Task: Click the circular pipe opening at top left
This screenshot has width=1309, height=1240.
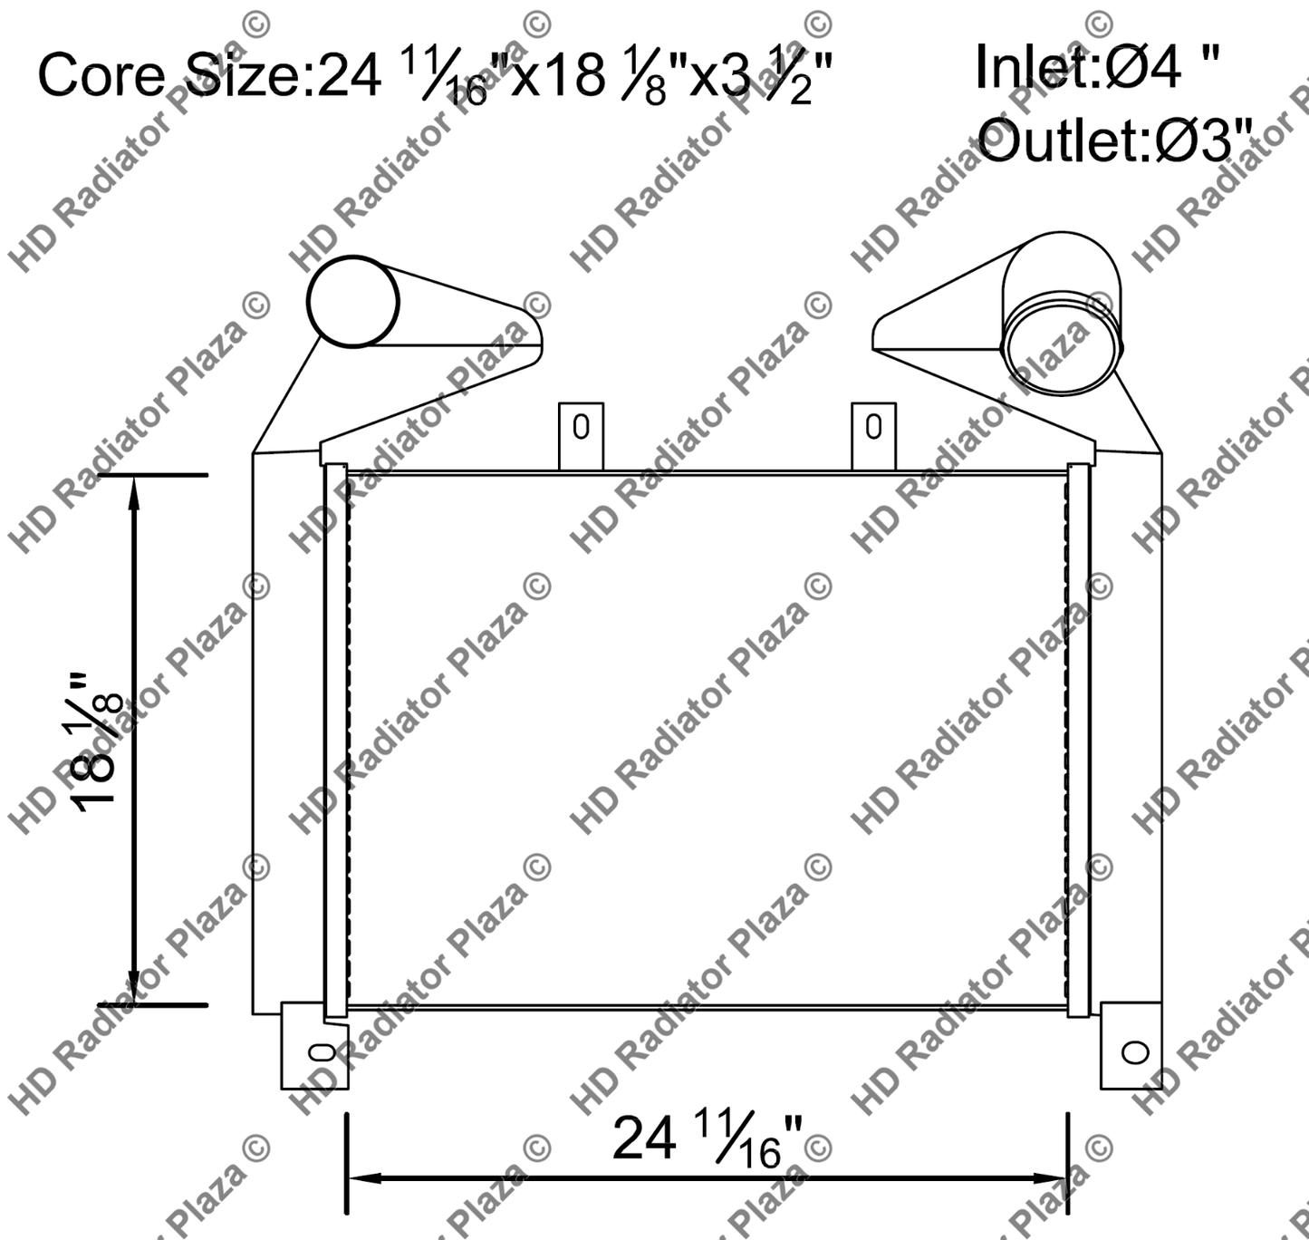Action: click(353, 301)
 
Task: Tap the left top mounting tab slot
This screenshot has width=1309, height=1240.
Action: click(581, 426)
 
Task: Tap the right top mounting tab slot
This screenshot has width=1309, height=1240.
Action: click(873, 426)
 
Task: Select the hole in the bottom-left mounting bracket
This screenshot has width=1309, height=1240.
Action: click(322, 1052)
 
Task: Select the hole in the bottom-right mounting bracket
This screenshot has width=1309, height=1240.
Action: click(1135, 1052)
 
